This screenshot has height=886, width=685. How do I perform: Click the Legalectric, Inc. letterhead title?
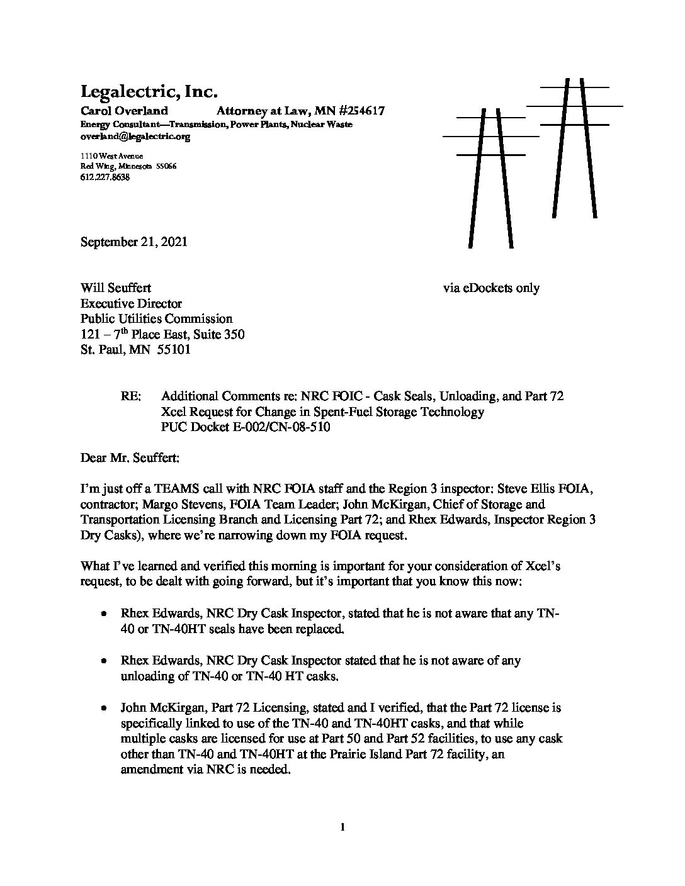[149, 92]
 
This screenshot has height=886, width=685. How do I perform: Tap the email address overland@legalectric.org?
[135, 136]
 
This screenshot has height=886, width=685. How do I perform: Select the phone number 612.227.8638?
[105, 177]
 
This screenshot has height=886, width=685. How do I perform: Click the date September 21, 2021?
[133, 242]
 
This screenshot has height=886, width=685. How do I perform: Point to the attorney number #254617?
[356, 111]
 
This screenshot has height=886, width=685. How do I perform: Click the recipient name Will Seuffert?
[116, 288]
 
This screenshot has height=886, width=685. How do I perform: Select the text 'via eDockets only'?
[491, 288]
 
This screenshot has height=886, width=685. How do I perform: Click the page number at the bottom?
[342, 828]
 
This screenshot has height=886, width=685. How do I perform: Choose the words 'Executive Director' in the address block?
[131, 303]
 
